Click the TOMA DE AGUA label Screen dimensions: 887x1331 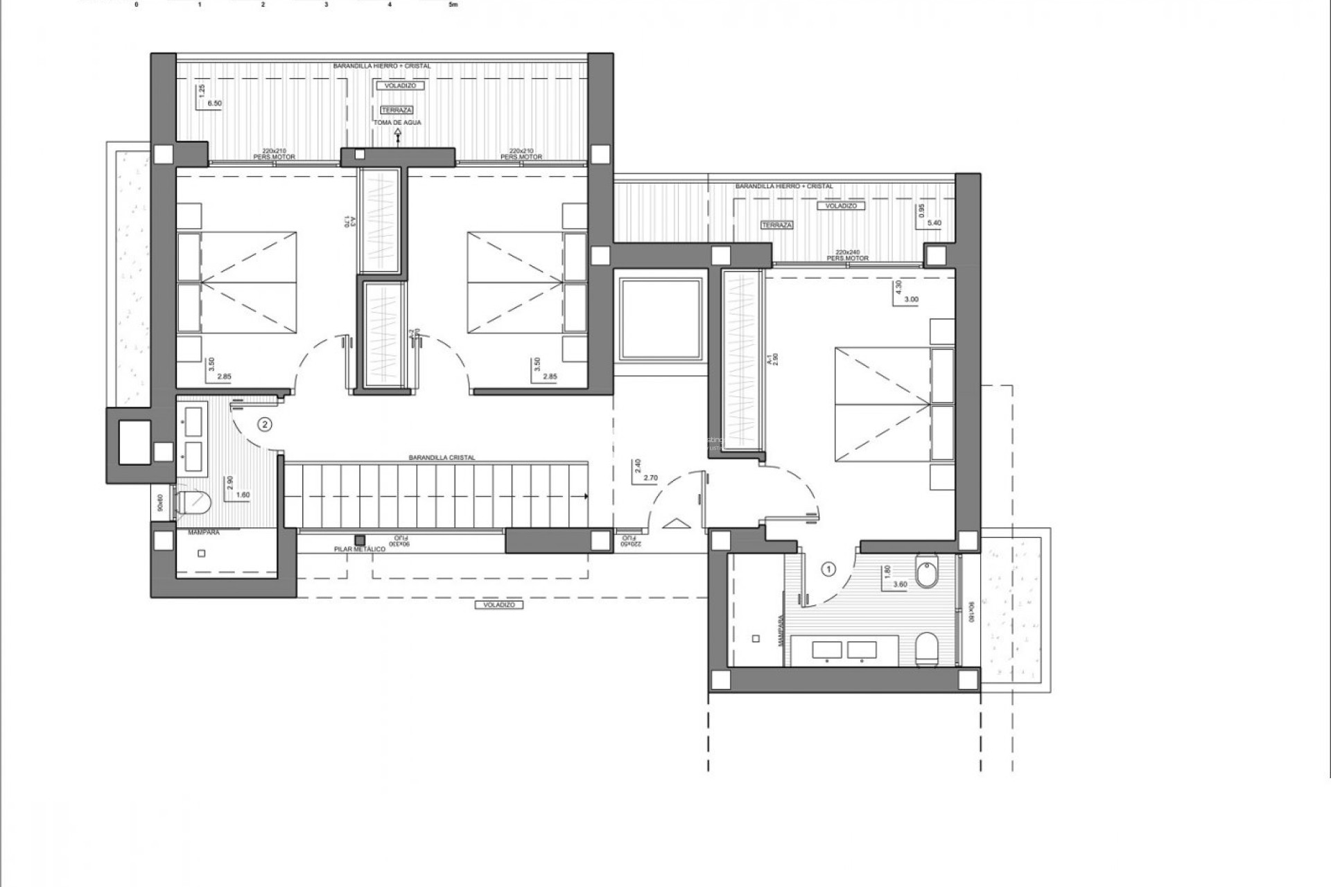point(397,123)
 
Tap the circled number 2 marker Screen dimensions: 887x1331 point(264,424)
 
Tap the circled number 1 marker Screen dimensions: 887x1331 point(828,569)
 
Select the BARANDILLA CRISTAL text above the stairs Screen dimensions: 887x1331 point(442,458)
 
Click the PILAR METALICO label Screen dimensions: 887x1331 point(359,549)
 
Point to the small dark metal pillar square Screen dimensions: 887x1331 point(360,539)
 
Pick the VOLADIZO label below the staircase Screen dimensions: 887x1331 point(499,605)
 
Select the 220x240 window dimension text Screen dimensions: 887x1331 point(847,252)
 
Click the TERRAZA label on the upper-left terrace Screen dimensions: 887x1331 point(397,110)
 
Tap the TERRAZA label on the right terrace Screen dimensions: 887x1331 point(776,225)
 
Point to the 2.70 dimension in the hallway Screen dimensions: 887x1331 point(650,478)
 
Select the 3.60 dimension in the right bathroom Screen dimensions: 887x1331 point(900,584)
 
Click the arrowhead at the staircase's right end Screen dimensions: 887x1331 point(586,496)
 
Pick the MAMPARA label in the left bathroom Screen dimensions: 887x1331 point(204,533)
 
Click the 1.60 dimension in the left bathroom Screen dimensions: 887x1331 point(243,495)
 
